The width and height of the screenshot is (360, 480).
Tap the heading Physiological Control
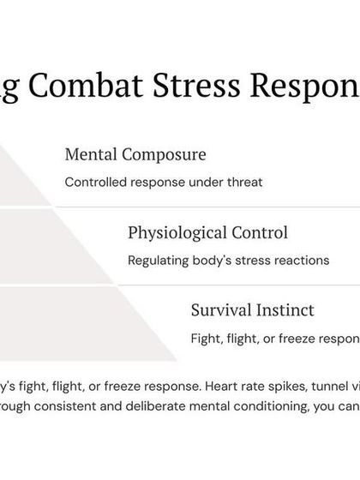point(207,232)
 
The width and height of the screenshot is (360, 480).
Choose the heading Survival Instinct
point(252,309)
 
